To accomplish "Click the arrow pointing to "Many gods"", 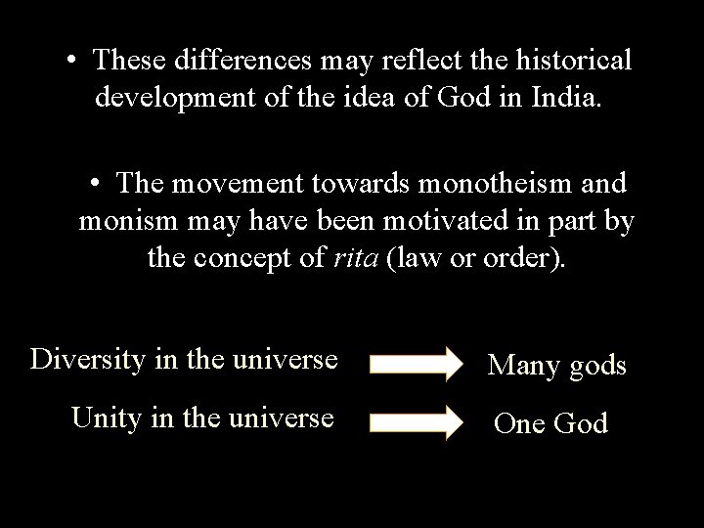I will [418, 364].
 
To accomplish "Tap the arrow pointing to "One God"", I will [418, 422].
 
